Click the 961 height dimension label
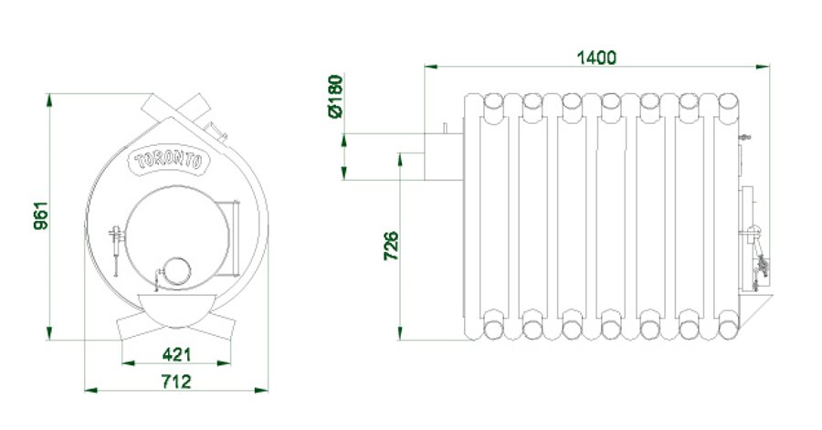tap(40, 215)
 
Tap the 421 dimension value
tap(176, 354)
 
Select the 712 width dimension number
tap(176, 382)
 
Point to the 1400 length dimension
tap(596, 58)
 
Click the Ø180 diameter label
tap(335, 97)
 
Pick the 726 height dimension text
tap(391, 246)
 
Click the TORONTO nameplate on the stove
tap(168, 161)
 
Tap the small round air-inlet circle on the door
tap(177, 271)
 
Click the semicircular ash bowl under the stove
tap(177, 309)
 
